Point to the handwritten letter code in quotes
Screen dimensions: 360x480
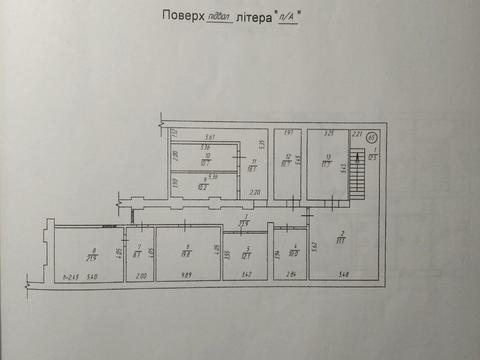click(290, 18)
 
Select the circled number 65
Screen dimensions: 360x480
click(372, 138)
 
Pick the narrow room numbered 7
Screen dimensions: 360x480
click(140, 254)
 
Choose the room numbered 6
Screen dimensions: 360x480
click(187, 254)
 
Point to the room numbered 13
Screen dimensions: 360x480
click(327, 165)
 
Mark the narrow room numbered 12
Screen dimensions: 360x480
click(288, 165)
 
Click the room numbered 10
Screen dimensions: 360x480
click(204, 158)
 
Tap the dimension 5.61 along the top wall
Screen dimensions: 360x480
click(209, 137)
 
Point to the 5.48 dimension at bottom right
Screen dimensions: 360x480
click(344, 275)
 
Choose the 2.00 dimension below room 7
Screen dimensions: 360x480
click(140, 275)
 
